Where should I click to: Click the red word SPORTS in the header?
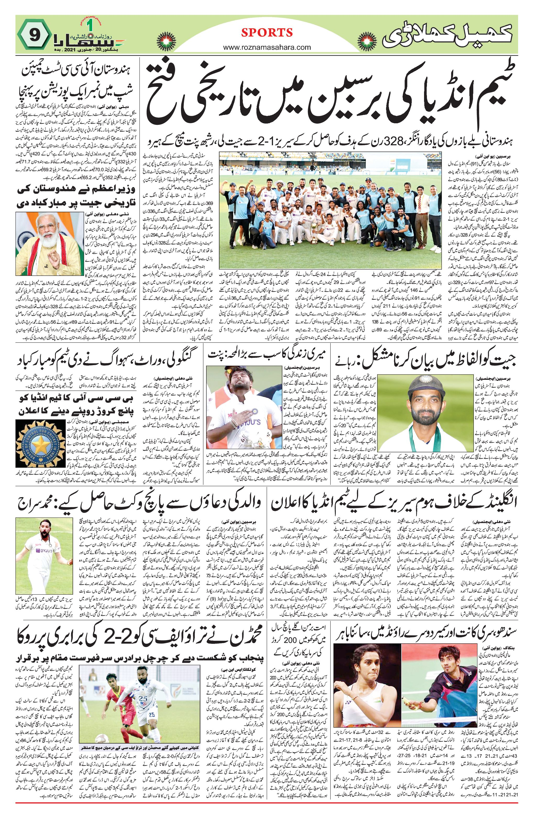tap(267, 33)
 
